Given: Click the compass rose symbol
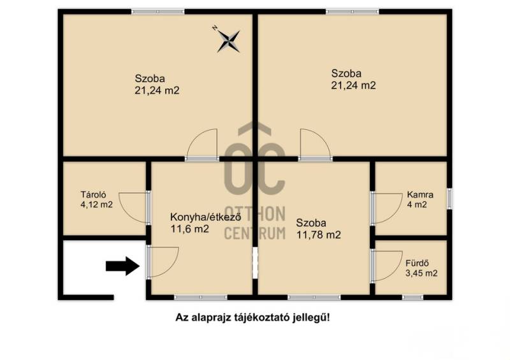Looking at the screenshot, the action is (228, 41).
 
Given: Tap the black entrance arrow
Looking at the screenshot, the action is (122, 266).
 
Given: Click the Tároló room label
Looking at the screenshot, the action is (93, 195).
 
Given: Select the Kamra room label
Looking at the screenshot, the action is (420, 195).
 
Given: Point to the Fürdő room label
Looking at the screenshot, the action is (417, 263).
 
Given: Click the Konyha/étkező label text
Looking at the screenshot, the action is (205, 217).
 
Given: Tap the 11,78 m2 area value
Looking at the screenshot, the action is (318, 235).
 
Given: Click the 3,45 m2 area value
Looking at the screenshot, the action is (421, 273).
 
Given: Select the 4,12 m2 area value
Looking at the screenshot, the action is (97, 205).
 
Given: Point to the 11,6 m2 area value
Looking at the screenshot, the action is (189, 229).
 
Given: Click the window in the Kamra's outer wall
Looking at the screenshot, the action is (449, 198).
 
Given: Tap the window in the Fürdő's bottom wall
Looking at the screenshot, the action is (412, 297).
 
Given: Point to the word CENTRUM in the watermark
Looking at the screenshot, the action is (255, 233).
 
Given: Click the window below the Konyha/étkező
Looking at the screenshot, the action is (201, 297).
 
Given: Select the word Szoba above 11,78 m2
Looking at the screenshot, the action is (311, 223).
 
